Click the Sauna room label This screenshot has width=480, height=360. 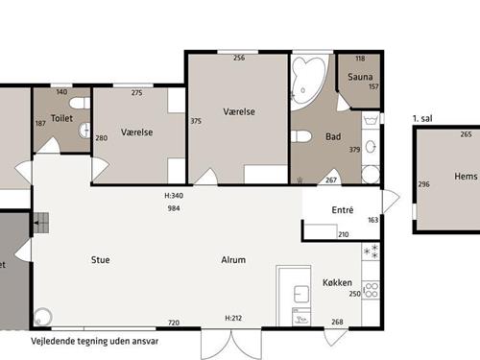click(360, 77)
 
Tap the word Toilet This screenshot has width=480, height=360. click(61, 118)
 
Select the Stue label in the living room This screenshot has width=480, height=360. click(101, 260)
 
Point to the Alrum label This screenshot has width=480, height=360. click(233, 260)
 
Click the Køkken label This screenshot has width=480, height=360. click(337, 282)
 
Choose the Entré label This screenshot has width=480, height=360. click(343, 210)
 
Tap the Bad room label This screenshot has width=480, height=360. click(333, 136)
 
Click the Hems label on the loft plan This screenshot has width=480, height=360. click(466, 176)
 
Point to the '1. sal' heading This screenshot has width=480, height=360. click(422, 119)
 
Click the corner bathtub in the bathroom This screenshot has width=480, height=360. click(308, 83)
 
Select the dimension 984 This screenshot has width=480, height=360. click(174, 208)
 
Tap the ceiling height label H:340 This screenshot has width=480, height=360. click(174, 196)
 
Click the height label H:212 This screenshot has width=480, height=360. click(233, 318)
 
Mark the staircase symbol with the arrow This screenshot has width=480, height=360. click(41, 223)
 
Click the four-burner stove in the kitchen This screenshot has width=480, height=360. click(371, 290)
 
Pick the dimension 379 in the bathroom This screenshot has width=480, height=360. click(354, 150)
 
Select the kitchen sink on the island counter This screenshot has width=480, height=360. click(301, 295)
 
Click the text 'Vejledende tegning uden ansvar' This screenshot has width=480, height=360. click(95, 341)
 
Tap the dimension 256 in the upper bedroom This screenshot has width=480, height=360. click(239, 58)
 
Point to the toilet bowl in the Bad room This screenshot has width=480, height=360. click(301, 136)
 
